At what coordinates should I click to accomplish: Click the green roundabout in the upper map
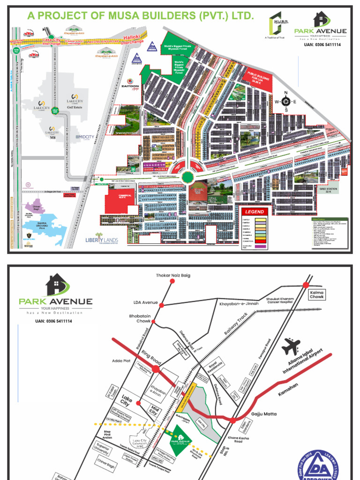187,177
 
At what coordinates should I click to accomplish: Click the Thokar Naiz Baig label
173,276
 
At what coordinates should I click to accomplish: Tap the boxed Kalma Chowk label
317,294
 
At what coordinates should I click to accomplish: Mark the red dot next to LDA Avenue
162,305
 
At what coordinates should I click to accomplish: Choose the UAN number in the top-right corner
322,45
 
